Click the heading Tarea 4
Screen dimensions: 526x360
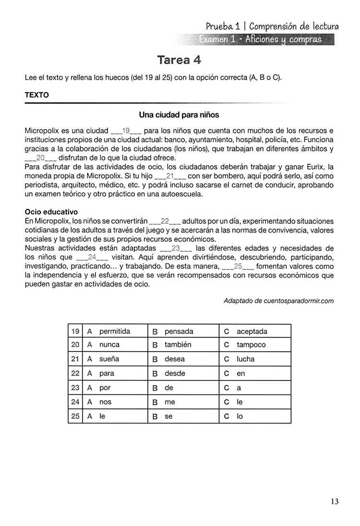(179, 60)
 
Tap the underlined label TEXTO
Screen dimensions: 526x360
(36, 95)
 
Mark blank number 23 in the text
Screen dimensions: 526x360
(175, 248)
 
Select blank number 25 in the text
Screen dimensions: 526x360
(238, 266)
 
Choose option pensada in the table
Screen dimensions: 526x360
(179, 331)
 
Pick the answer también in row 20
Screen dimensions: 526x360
(178, 344)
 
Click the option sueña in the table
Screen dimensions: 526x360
(109, 359)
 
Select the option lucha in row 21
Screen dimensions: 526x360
(246, 359)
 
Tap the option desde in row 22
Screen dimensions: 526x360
(175, 373)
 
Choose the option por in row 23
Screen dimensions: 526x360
(105, 388)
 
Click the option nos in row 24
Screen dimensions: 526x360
(105, 402)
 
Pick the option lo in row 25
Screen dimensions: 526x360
(240, 416)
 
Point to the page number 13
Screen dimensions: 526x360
(335, 502)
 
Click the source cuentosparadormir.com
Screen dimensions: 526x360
(298, 301)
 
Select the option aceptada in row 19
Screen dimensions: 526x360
(252, 331)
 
